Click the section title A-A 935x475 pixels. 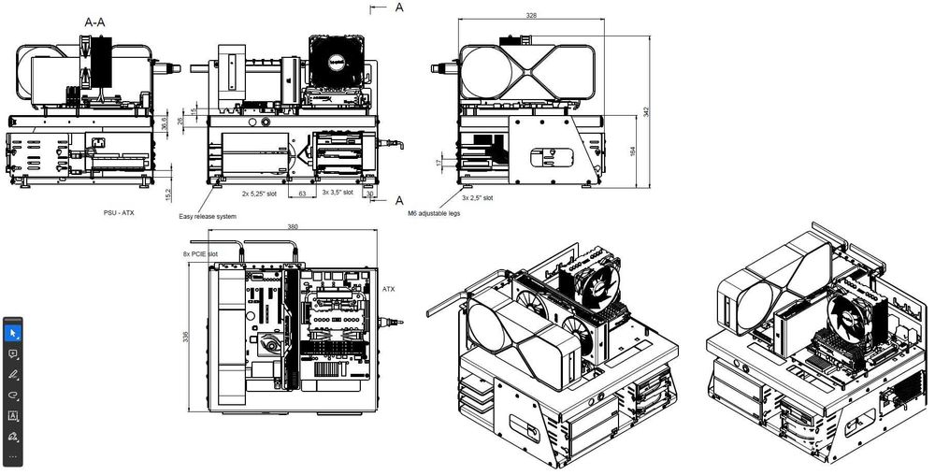(x=95, y=20)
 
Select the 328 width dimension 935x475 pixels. (x=531, y=16)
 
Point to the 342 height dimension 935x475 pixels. (x=645, y=110)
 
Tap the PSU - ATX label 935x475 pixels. (x=119, y=212)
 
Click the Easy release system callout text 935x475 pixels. (x=208, y=216)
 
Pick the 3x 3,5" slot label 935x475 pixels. (x=337, y=194)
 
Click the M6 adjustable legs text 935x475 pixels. (x=434, y=213)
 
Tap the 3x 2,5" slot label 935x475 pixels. (x=479, y=197)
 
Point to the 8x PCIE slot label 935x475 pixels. (x=200, y=253)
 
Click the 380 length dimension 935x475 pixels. (x=294, y=227)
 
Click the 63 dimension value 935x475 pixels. (x=302, y=194)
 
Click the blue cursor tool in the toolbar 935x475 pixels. (x=13, y=332)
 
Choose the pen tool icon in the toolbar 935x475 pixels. (x=13, y=374)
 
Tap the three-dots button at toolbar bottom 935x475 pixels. (x=13, y=455)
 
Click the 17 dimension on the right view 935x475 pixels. (x=439, y=163)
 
